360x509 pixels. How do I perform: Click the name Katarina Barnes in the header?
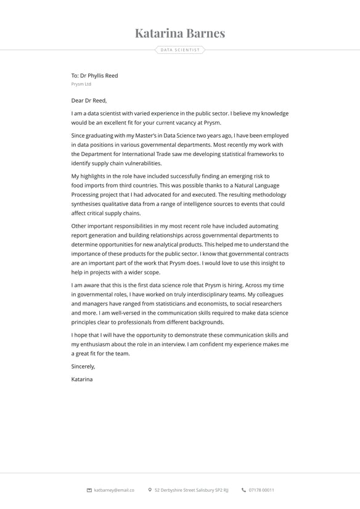180,33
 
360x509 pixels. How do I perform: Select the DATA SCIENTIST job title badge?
180,50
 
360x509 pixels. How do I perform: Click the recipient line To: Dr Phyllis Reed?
94,75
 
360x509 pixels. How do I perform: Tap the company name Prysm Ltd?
81,84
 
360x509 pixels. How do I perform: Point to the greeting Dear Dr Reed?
89,100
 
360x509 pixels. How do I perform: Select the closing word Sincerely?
83,366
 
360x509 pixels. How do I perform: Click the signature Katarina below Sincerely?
82,379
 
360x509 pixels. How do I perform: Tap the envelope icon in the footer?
89,490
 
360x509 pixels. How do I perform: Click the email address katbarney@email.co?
114,490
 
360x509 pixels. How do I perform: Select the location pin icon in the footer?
150,490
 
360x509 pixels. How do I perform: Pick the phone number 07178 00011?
261,490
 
